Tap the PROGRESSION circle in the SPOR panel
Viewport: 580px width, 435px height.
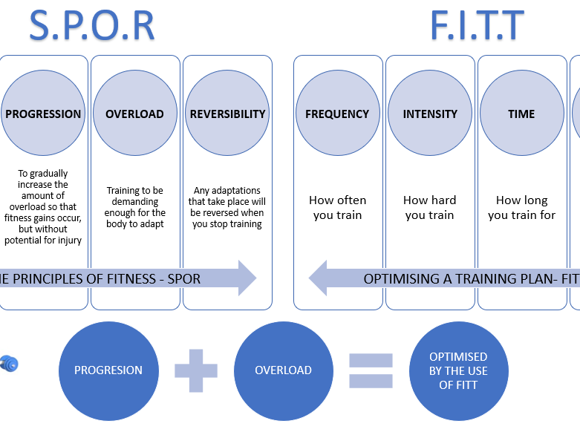coord(43,114)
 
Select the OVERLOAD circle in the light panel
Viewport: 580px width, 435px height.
coord(134,114)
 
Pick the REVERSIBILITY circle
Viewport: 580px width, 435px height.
coord(227,114)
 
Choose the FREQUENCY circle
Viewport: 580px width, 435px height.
coord(337,114)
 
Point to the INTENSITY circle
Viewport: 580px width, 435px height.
coord(429,114)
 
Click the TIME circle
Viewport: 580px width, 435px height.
coord(521,114)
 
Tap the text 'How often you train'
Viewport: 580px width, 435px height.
coord(338,208)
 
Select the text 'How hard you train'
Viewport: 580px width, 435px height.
coord(429,208)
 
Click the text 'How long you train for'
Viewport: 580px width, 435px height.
coord(521,208)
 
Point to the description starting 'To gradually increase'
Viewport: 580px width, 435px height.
coord(43,207)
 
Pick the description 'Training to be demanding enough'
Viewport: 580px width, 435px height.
coord(134,207)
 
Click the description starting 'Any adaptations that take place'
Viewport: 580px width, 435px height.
coord(227,207)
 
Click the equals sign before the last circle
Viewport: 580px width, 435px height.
coord(371,370)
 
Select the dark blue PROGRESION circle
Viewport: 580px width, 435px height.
coord(108,370)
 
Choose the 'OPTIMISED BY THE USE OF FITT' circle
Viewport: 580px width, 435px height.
coord(458,370)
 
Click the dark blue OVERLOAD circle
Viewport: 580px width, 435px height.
coord(283,370)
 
